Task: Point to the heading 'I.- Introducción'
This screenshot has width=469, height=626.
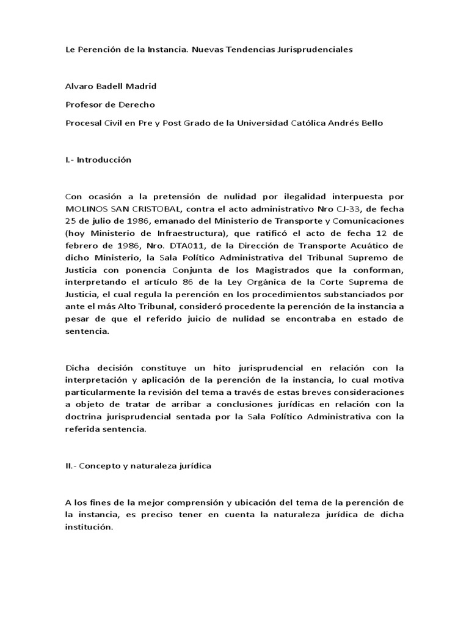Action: point(98,160)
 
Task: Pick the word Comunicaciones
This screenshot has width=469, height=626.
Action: point(367,220)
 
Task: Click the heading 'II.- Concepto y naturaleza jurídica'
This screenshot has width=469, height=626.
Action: point(138,465)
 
